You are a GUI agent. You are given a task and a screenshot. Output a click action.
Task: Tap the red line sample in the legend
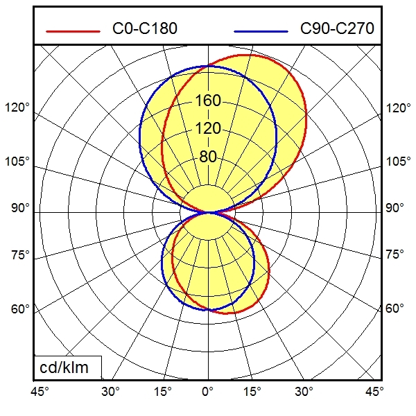tap(73, 31)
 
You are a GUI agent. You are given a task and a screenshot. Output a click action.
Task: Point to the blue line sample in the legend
tap(261, 31)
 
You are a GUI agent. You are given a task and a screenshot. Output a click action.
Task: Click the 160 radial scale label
tap(208, 101)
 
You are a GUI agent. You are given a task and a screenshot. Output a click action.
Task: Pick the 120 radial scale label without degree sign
tap(208, 129)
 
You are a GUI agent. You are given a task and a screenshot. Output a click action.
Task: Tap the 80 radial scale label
tap(208, 157)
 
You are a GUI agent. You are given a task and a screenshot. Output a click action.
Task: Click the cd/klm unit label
tap(67, 367)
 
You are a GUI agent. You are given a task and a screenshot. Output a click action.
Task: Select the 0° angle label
tap(208, 392)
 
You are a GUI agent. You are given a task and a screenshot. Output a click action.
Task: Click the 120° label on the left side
tap(18, 108)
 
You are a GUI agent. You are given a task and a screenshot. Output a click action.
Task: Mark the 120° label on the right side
tap(398, 108)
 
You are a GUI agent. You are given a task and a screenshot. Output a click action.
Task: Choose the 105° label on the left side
tap(18, 162)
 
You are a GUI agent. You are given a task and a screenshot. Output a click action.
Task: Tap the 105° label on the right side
tap(398, 162)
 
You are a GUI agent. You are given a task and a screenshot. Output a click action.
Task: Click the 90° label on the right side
tap(395, 208)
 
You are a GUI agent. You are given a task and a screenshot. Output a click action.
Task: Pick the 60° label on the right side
tap(395, 308)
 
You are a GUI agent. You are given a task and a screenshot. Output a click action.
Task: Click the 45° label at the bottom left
tap(40, 392)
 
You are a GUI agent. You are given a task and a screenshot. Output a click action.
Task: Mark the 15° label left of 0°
tap(162, 392)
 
